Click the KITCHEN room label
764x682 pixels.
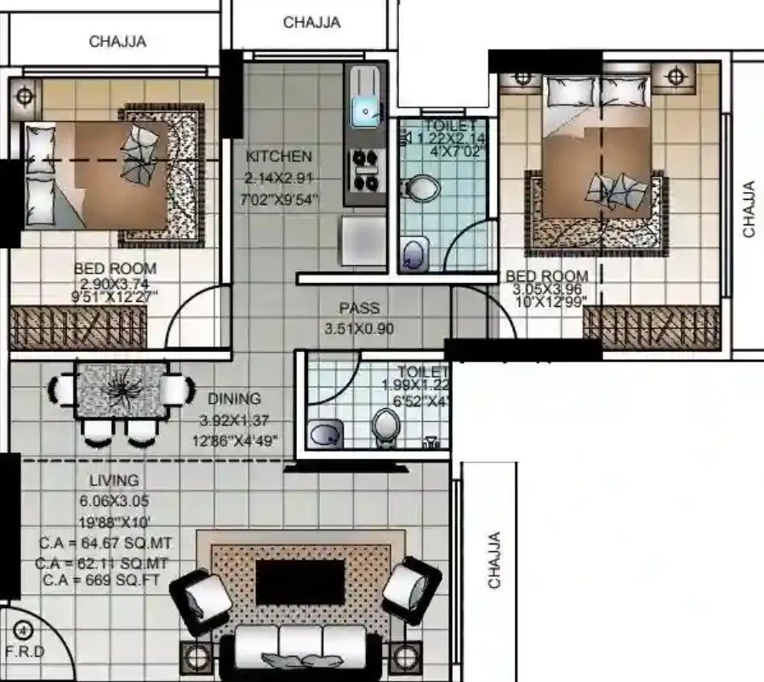(x=278, y=156)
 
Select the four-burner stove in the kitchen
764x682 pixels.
(x=366, y=170)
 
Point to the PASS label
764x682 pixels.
(x=359, y=308)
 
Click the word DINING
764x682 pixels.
(x=234, y=398)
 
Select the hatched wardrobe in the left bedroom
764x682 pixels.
(x=78, y=326)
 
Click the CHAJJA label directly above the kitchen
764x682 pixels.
(x=311, y=22)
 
